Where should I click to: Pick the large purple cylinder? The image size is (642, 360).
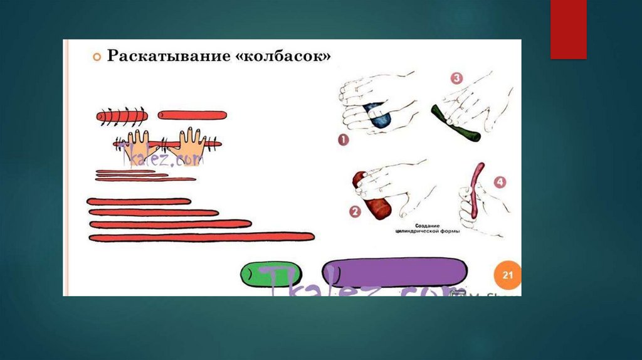click(394, 274)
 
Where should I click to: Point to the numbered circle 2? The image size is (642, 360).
click(355, 211)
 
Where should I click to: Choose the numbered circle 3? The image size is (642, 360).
click(456, 78)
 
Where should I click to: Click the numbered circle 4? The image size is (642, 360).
click(499, 183)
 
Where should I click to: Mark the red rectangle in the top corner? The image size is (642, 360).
click(568, 29)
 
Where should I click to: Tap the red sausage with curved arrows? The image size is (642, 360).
click(122, 115)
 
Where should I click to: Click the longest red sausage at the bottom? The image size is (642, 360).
click(201, 237)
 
